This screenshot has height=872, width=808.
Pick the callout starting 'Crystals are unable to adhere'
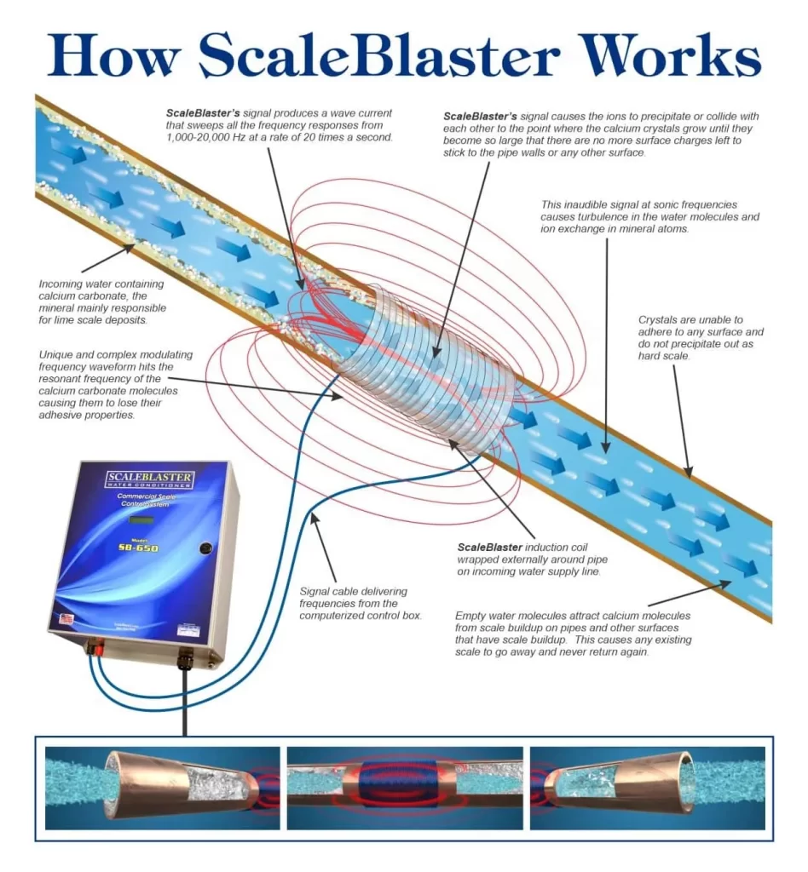[701, 338]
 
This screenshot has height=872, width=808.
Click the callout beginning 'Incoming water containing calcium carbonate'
[102, 302]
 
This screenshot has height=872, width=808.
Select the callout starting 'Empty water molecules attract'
[574, 633]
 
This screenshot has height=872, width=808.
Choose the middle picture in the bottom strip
[404, 788]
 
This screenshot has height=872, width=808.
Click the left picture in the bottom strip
[162, 788]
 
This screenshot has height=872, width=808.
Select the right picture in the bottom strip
[647, 788]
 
